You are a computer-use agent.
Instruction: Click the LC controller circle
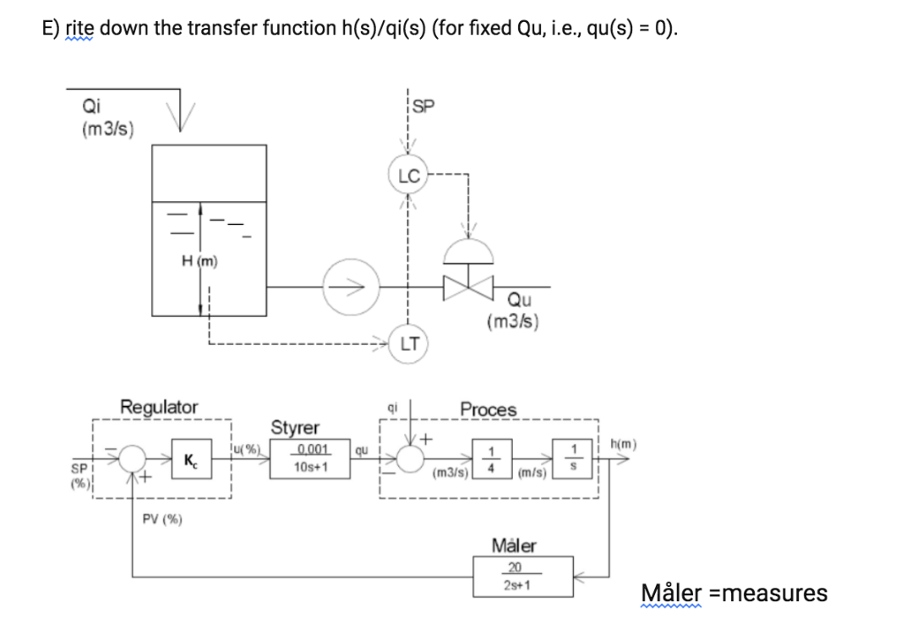point(409,177)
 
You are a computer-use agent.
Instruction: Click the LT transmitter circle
point(410,344)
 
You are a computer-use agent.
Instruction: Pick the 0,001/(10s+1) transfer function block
point(306,458)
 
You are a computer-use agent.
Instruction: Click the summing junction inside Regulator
point(133,458)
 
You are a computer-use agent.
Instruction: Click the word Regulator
point(159,407)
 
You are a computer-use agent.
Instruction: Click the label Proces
point(488,409)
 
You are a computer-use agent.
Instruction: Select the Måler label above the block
point(514,545)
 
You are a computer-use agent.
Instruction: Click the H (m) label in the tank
point(199,262)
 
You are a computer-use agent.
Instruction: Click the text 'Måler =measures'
point(734,593)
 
